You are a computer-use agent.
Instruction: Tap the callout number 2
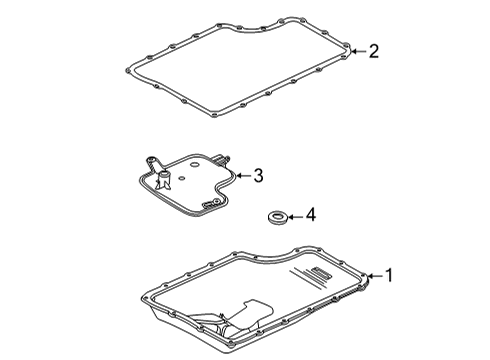coord(373,50)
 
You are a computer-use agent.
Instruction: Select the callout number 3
coord(257,176)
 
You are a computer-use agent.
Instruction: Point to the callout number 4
coord(310,214)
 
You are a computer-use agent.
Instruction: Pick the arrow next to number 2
coord(356,49)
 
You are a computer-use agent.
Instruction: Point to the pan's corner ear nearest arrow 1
coord(367,279)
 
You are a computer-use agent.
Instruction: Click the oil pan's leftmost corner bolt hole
coord(148,297)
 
